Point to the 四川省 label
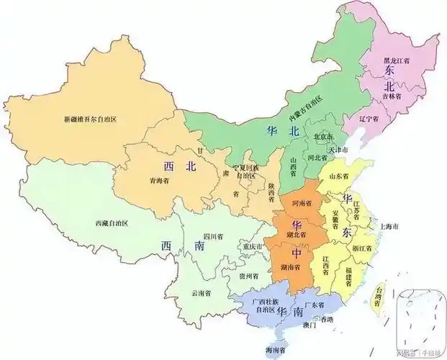212,235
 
